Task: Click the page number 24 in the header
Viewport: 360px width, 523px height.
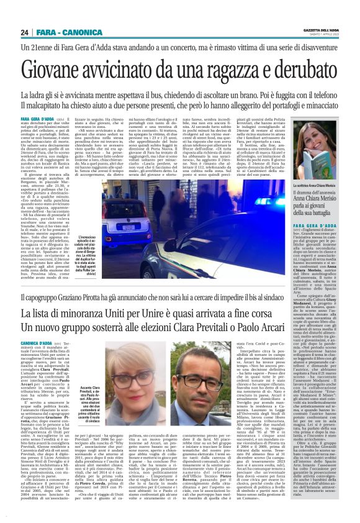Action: [25, 32]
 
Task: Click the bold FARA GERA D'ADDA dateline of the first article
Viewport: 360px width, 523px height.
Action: [38, 118]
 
